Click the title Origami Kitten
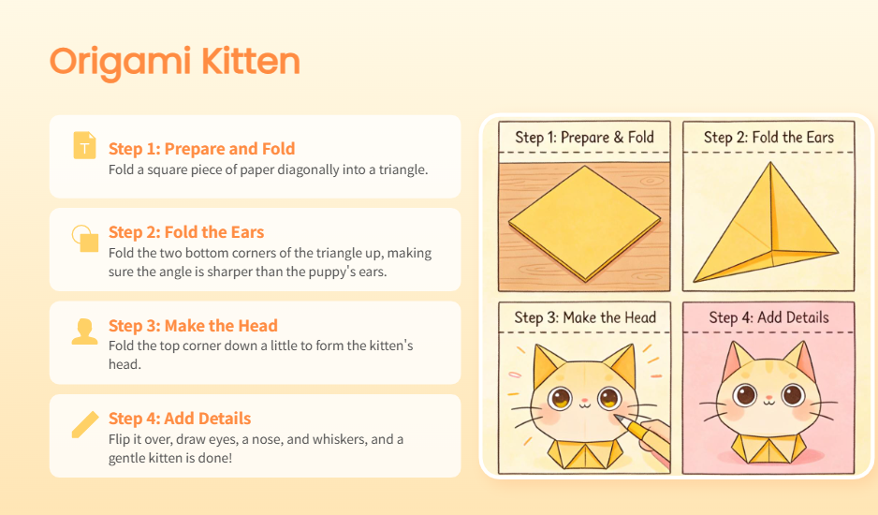tap(175, 62)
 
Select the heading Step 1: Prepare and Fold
tap(201, 149)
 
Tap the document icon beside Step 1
tap(84, 145)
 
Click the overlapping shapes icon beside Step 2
tap(85, 238)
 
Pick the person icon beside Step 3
tap(84, 331)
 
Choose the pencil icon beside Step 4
tap(85, 424)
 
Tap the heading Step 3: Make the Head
tap(193, 326)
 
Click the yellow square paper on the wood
tap(585, 223)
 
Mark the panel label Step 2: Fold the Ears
tap(768, 138)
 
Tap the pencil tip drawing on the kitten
tap(621, 419)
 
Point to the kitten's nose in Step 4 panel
tap(768, 396)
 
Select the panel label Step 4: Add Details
tap(768, 317)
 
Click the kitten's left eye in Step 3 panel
tap(560, 398)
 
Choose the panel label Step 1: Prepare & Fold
tap(585, 138)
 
